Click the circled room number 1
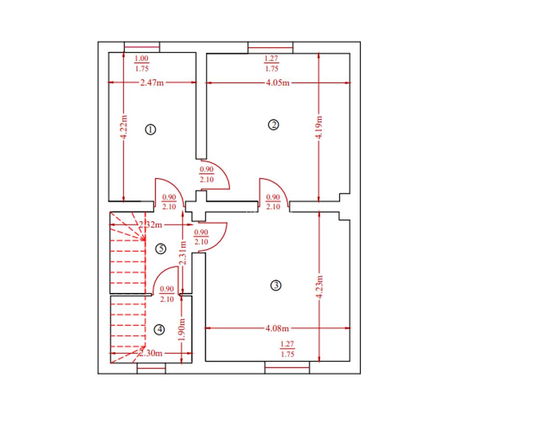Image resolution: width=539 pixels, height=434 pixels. (x=150, y=130)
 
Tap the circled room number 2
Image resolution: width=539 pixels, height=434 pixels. (x=273, y=124)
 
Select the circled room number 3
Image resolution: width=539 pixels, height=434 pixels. (x=276, y=285)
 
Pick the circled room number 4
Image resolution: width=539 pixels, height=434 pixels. (x=159, y=329)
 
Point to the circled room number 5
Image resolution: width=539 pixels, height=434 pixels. (x=161, y=249)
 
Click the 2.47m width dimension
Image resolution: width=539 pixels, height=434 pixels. (x=152, y=82)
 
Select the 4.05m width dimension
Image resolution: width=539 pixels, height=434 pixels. (x=277, y=83)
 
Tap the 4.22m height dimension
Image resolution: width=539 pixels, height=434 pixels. (x=124, y=126)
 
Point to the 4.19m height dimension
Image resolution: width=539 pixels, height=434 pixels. (x=319, y=127)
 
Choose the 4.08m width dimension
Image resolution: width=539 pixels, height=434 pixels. (x=277, y=328)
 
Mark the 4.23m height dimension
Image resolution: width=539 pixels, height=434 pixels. (x=320, y=287)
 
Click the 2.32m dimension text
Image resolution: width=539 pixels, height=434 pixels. (x=150, y=225)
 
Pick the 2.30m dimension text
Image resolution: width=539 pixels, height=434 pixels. (x=150, y=353)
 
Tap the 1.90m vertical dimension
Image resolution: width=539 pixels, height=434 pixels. (x=182, y=329)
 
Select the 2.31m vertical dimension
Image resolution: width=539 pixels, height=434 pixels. (x=183, y=253)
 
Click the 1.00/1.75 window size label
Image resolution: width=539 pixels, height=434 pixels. (x=142, y=64)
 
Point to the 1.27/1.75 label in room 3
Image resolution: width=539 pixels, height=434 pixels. (x=287, y=349)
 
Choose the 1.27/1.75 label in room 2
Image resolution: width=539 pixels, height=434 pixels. (x=271, y=64)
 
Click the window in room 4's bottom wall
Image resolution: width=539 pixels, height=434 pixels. (x=151, y=368)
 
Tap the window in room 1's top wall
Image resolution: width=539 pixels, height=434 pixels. (x=142, y=47)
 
